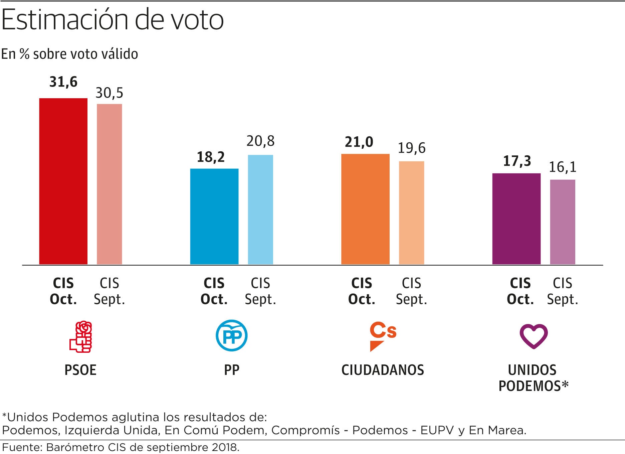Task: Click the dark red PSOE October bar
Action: point(63,181)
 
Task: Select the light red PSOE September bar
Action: point(110,184)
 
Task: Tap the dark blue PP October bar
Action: point(214,216)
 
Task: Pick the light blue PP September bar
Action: point(260,209)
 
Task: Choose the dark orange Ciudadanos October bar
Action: point(365,209)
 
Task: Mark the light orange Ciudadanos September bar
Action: point(411,213)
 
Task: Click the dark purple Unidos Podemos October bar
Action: point(516,219)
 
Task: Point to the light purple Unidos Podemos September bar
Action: point(563,222)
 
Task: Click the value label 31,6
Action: point(63,82)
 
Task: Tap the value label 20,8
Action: point(260,141)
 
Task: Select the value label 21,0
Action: point(359,142)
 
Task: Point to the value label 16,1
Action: point(563,167)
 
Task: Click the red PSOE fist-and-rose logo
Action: point(81,337)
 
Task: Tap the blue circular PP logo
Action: point(231,335)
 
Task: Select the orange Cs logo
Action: point(383,336)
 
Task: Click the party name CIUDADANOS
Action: point(383,370)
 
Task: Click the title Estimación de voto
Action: point(113,20)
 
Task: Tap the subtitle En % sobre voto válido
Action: point(69,54)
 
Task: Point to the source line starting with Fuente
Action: point(121,447)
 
